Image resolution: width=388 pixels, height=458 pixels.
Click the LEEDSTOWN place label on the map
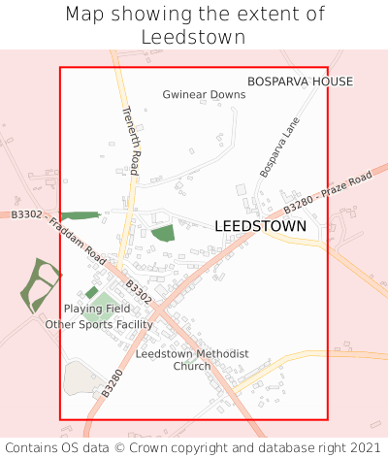point(260,226)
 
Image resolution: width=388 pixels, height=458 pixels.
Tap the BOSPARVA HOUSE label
point(300,82)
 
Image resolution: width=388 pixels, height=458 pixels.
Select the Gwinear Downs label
point(204,95)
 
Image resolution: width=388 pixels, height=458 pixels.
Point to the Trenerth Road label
point(131,141)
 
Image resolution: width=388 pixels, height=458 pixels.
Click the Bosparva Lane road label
point(280,147)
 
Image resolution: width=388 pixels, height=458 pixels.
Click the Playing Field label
point(97,309)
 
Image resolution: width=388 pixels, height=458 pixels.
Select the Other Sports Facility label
point(99,324)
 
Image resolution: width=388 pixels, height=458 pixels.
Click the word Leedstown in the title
point(193,38)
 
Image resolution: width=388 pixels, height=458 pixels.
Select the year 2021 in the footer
point(365,448)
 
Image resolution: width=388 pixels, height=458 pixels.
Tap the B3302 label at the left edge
point(26,213)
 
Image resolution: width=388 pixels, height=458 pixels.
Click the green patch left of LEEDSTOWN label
point(163,233)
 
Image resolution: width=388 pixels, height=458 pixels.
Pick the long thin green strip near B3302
point(80,215)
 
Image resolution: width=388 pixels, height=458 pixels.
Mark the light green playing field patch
point(98,308)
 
